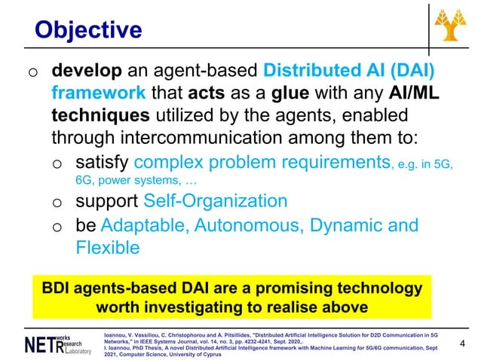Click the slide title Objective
point(89,29)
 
